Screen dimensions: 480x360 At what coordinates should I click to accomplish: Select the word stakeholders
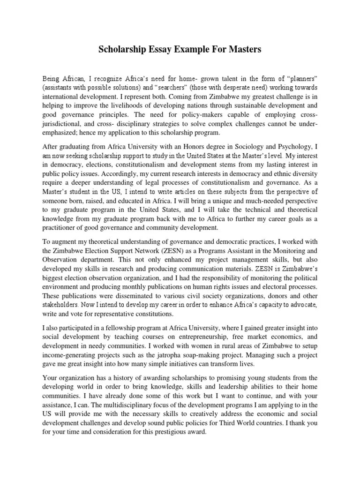(61, 305)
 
